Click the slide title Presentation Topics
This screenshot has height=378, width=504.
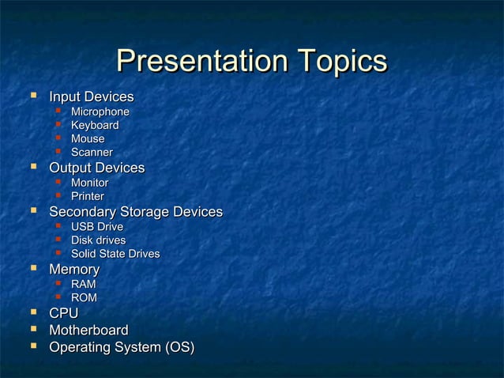(x=251, y=62)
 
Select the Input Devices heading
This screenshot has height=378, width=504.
(x=91, y=97)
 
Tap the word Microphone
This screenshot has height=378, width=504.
(x=100, y=112)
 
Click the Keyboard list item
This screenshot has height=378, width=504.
(x=95, y=126)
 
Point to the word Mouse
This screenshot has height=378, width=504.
(x=88, y=139)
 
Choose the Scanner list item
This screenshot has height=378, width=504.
(x=92, y=152)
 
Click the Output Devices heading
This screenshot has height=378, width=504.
(x=96, y=168)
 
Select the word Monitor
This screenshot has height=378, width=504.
(x=90, y=183)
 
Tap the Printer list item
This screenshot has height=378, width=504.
(x=88, y=196)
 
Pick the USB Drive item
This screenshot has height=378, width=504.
(x=96, y=228)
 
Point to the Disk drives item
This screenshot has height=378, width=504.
(x=98, y=240)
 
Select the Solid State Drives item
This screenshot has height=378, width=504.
(x=115, y=254)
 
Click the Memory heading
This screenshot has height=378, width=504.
(x=74, y=270)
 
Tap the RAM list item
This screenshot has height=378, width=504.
(x=85, y=284)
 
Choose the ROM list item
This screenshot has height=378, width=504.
(x=85, y=297)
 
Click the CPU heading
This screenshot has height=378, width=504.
(x=63, y=315)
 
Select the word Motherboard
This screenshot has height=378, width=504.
(x=88, y=331)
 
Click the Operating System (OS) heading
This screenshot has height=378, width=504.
(x=122, y=347)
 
